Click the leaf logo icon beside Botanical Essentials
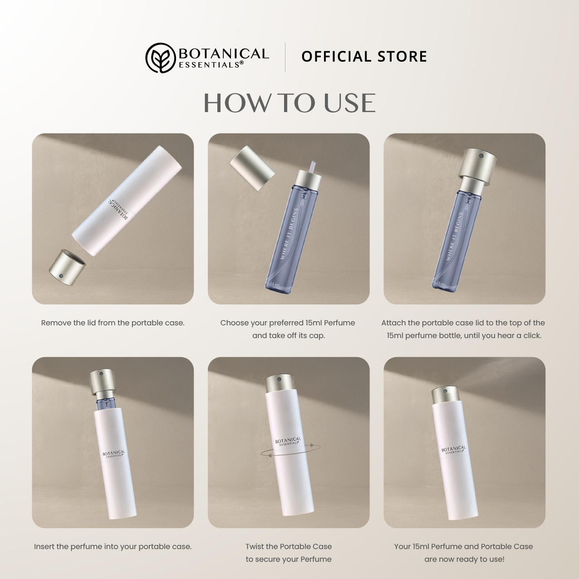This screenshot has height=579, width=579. coord(161,58)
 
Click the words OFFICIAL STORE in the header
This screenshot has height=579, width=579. coord(364,57)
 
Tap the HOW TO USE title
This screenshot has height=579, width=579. coord(289,103)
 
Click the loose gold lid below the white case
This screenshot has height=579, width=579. coord(67,263)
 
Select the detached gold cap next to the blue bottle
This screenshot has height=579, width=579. coord(252,168)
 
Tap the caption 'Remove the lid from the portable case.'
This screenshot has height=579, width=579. coord(113,323)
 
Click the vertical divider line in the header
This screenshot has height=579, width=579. coord(285,57)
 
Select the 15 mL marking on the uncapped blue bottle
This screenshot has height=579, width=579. coord(275,284)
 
